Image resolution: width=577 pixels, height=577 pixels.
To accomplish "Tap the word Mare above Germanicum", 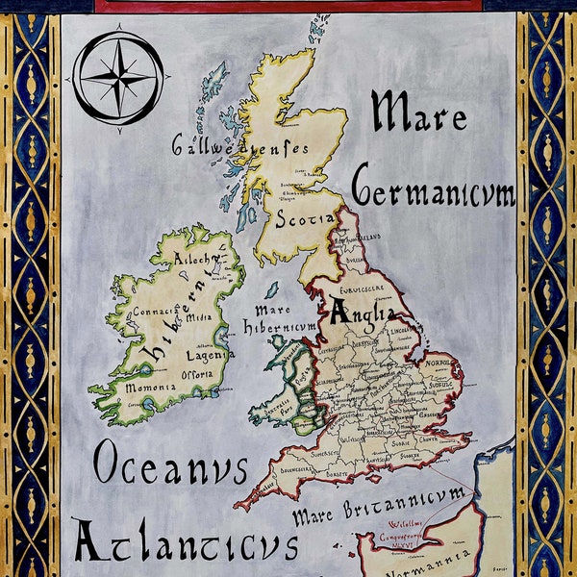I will click(x=419, y=113).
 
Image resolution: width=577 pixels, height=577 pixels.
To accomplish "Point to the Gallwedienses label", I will click(x=239, y=146).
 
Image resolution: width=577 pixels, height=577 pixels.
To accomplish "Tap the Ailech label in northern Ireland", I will click(x=198, y=263).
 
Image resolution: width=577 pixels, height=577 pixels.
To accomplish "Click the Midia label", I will click(x=198, y=317).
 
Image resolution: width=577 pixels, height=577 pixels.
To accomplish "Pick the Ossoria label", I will click(x=205, y=375).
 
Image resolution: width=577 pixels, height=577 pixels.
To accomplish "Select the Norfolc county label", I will click(x=439, y=363).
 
